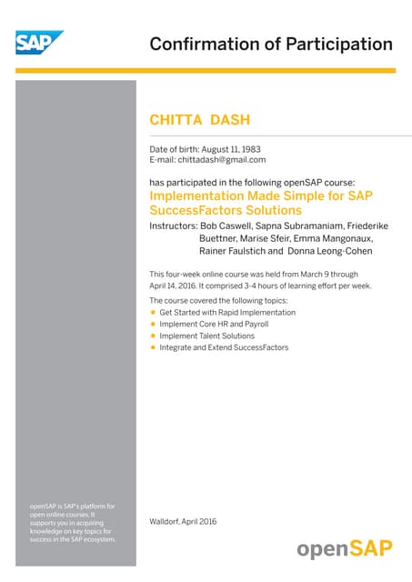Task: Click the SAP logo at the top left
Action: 39,42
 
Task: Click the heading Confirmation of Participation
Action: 270,44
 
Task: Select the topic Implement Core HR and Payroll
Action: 214,324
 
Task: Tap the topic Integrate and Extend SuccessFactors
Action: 225,347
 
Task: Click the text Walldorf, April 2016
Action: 183,521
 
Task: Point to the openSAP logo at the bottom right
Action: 345,549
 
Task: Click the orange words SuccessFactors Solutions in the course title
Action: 225,209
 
